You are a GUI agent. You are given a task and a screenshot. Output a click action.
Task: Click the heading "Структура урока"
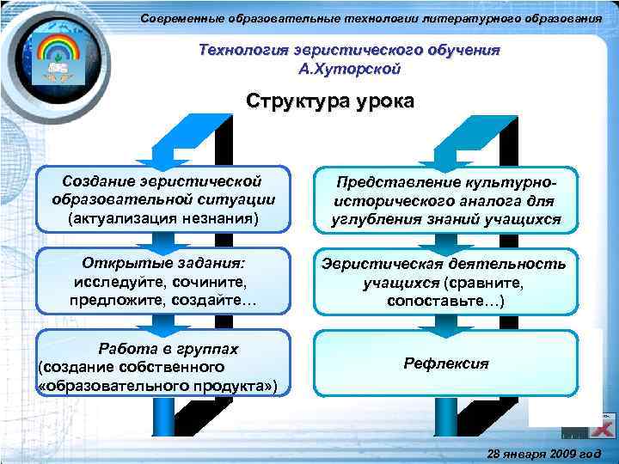[330, 101]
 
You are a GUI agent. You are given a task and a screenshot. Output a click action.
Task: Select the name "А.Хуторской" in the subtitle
[348, 67]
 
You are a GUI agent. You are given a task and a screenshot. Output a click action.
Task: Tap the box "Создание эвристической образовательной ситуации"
[162, 198]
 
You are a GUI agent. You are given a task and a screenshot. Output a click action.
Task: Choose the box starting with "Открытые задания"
[162, 281]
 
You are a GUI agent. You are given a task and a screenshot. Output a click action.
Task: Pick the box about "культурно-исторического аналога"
[445, 202]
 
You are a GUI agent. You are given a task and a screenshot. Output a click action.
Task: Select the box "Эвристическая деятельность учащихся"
[445, 282]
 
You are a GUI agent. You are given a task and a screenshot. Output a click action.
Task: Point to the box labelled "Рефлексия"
[445, 363]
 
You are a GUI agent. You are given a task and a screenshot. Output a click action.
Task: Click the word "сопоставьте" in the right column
[442, 302]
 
